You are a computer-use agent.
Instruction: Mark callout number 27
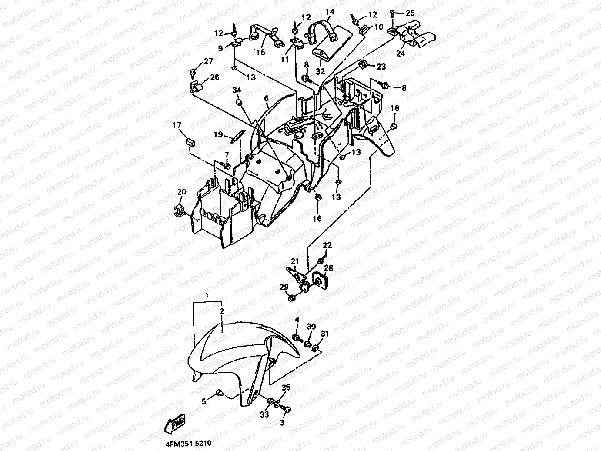208,61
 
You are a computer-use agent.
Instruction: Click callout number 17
177,126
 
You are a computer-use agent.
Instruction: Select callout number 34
236,90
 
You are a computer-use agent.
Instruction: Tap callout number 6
266,99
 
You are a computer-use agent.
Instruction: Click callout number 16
317,218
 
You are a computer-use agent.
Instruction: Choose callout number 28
328,268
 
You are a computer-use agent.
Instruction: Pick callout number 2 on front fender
221,312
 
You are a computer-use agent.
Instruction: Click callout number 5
204,402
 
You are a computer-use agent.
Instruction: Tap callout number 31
325,334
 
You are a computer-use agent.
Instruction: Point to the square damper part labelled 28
321,281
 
